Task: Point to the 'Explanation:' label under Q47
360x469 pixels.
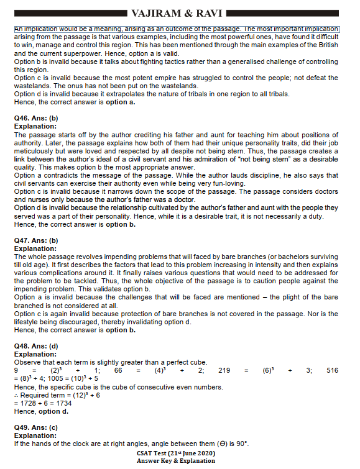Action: pyautogui.click(x=35, y=248)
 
